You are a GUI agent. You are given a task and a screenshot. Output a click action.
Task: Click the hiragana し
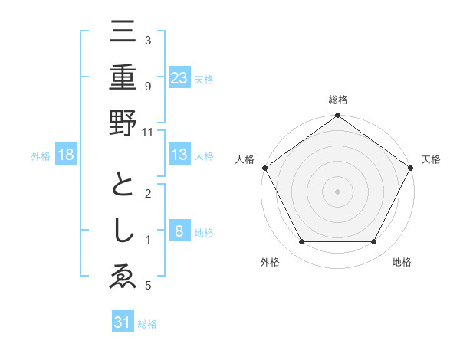(x=122, y=233)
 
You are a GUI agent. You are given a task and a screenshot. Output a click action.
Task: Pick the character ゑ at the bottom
(x=122, y=277)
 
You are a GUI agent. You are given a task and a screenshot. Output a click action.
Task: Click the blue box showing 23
(x=179, y=77)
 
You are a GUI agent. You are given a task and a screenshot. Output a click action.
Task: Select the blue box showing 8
(x=179, y=231)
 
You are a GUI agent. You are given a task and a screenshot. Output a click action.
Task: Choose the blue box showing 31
(x=123, y=322)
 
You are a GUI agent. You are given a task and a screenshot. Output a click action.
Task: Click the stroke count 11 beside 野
(x=149, y=132)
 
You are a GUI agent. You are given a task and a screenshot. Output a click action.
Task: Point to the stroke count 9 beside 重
(x=147, y=87)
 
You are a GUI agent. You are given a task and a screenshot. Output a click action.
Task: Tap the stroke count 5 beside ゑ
(x=147, y=286)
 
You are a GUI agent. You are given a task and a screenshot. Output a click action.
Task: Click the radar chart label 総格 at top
(x=337, y=100)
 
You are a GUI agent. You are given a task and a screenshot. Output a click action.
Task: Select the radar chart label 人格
(x=245, y=159)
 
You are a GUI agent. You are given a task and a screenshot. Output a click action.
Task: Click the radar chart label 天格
(x=431, y=159)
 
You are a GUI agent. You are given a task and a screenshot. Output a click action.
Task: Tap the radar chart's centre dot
(x=337, y=191)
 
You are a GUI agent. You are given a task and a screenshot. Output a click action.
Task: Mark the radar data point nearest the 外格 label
(x=301, y=242)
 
